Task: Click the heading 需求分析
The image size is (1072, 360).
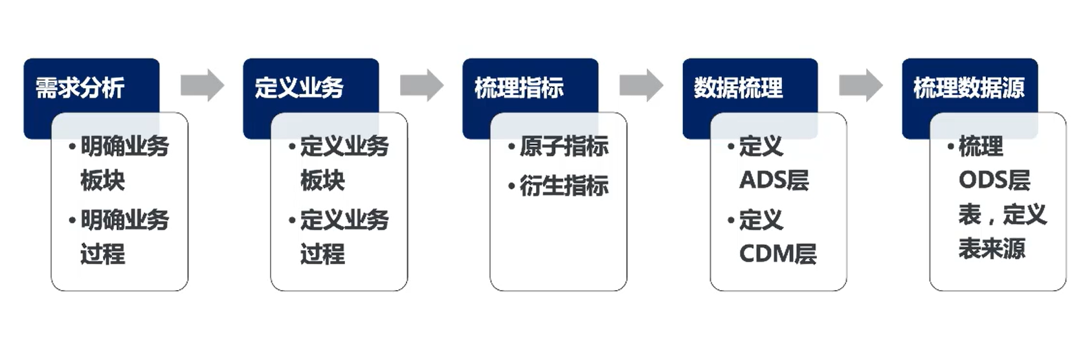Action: click(x=80, y=87)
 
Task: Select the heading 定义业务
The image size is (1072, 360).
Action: click(x=299, y=87)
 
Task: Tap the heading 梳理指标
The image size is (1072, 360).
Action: click(x=519, y=87)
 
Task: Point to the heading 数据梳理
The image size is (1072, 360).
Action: click(x=738, y=87)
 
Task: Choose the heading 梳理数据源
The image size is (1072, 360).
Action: click(x=968, y=87)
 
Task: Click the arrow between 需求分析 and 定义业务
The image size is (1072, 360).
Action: click(x=202, y=85)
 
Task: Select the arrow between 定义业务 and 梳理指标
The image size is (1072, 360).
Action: click(x=421, y=85)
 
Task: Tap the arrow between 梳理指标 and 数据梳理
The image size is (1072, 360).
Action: click(x=641, y=85)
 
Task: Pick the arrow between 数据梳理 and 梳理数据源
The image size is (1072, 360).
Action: click(x=860, y=85)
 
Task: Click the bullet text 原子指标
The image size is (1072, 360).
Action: click(x=564, y=147)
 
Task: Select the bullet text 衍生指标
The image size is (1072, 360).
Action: click(x=564, y=186)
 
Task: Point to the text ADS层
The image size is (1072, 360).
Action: click(x=774, y=181)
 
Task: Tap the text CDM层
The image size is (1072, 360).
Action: click(x=777, y=254)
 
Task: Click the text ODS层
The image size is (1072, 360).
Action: click(x=994, y=181)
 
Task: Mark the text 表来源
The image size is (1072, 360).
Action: click(x=992, y=248)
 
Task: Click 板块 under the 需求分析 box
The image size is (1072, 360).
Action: click(x=102, y=181)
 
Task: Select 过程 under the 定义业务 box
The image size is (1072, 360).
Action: click(x=322, y=254)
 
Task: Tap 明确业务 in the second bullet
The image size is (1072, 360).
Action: click(x=124, y=220)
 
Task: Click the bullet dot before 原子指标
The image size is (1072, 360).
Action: click(x=511, y=148)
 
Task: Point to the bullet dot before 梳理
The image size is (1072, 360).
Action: click(x=950, y=148)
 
